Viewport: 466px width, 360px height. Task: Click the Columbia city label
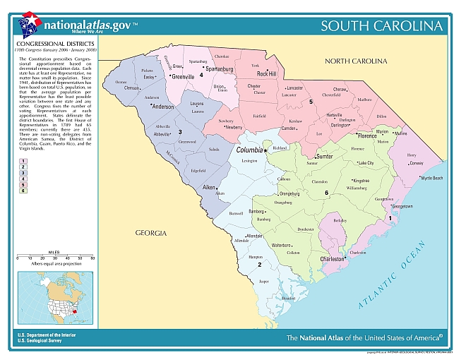click(249, 150)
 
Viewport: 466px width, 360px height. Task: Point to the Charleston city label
click(333, 259)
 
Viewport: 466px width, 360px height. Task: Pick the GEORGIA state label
click(151, 232)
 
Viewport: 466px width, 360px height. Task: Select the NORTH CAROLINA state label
click(358, 61)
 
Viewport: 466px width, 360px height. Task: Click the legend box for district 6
click(23, 191)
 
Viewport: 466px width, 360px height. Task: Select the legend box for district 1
click(23, 162)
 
